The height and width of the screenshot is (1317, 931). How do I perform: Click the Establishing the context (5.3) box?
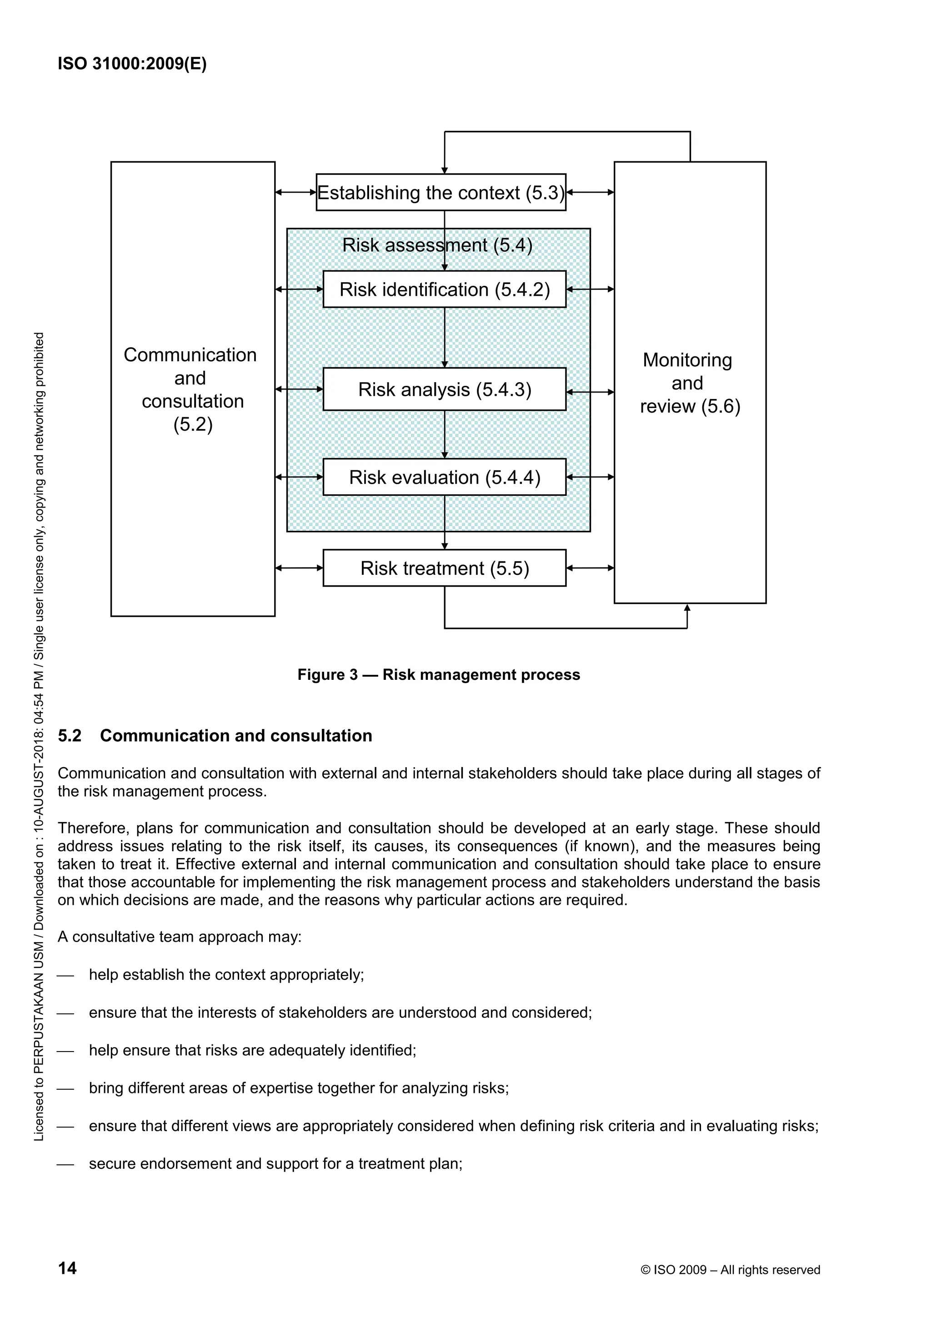point(440,193)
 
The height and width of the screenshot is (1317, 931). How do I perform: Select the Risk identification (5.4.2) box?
point(444,289)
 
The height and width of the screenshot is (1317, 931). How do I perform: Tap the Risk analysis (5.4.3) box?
point(444,389)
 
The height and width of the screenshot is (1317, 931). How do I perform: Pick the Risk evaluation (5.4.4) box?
point(444,477)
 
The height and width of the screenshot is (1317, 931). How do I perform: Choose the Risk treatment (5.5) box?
point(444,569)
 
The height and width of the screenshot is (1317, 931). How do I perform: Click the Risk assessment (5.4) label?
point(437,245)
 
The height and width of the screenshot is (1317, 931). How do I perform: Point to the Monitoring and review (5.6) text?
point(690,383)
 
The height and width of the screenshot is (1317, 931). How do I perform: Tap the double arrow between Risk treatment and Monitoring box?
point(590,569)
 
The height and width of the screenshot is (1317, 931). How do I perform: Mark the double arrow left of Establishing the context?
point(296,193)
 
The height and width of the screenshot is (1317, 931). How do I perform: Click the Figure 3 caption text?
point(438,674)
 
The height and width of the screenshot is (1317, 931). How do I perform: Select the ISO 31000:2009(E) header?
point(132,64)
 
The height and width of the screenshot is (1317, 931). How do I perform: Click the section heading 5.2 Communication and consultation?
point(215,736)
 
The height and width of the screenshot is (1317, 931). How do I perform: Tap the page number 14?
point(67,1268)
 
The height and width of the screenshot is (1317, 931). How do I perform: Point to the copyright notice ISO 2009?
point(730,1270)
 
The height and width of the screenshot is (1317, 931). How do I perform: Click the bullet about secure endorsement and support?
point(275,1164)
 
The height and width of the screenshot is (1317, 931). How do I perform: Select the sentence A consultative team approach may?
point(180,937)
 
